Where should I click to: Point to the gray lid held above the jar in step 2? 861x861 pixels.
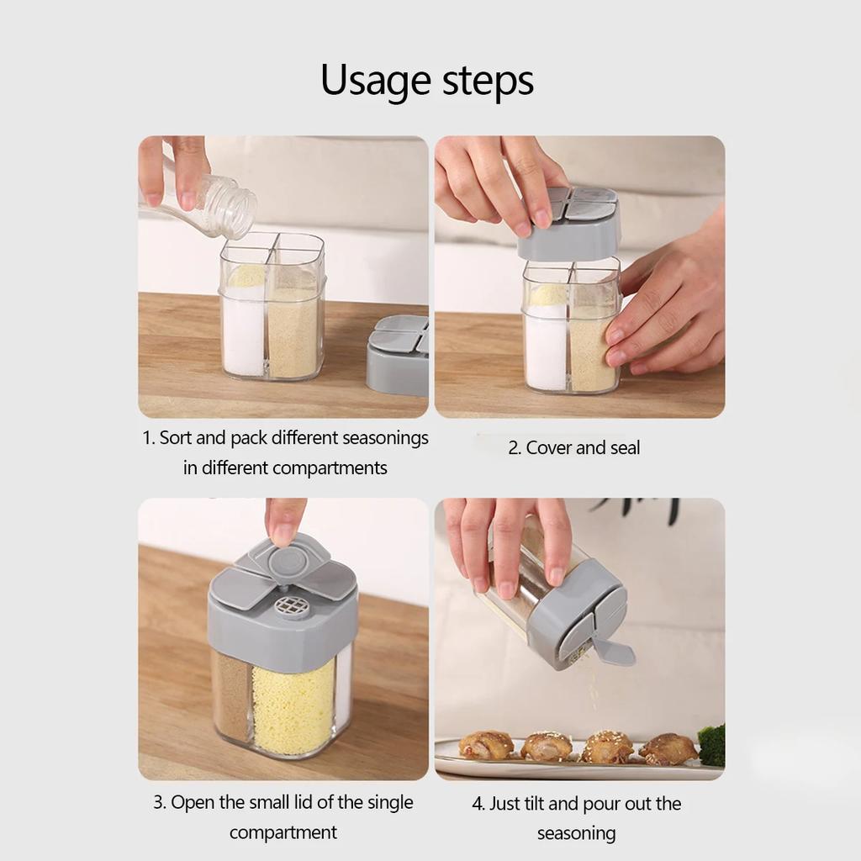point(569,224)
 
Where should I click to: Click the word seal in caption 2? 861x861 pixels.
point(625,448)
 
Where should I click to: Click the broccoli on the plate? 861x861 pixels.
point(711,745)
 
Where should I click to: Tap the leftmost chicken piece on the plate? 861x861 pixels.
point(486,744)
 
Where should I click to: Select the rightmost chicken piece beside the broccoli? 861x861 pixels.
point(668,748)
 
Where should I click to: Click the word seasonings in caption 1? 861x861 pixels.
point(386,438)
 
